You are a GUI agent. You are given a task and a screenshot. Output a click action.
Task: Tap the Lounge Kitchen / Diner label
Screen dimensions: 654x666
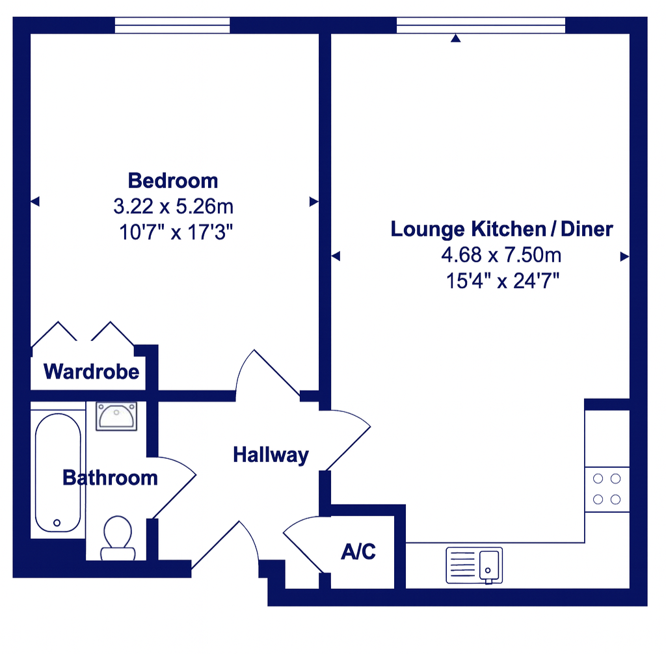(501, 229)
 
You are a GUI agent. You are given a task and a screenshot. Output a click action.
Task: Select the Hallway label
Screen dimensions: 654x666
(271, 455)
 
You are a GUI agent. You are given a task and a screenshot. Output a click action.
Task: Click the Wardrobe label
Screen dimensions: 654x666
(91, 372)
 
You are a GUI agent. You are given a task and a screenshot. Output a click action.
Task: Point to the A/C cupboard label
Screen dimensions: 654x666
(358, 552)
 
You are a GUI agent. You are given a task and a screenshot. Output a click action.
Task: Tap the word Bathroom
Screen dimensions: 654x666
(110, 478)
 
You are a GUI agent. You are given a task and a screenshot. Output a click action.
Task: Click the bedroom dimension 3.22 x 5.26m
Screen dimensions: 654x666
(173, 207)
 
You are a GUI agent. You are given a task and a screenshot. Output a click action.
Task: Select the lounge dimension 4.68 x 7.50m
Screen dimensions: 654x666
(501, 255)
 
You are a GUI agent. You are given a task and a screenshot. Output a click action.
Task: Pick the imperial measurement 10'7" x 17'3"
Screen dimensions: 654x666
(173, 232)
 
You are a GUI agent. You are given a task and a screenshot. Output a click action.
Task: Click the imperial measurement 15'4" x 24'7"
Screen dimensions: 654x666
(501, 280)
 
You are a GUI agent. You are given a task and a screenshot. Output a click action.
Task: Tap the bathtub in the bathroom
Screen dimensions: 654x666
(58, 472)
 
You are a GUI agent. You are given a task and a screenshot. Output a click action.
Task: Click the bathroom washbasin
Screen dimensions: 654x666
(116, 416)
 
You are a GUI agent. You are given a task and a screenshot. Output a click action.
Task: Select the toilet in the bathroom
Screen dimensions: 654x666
(118, 538)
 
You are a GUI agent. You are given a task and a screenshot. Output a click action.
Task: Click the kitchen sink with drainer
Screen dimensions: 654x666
(474, 565)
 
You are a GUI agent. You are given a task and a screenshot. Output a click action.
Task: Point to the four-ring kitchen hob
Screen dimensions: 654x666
(607, 489)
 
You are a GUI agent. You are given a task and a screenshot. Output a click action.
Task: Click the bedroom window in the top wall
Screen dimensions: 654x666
(172, 25)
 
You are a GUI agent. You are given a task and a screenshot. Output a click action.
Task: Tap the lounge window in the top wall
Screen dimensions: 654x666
(481, 25)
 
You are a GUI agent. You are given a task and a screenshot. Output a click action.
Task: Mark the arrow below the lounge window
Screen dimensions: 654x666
(456, 39)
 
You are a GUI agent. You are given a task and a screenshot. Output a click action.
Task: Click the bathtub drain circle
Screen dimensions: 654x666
(57, 523)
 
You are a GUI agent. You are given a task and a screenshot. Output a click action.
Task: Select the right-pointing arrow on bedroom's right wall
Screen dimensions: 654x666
(313, 202)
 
